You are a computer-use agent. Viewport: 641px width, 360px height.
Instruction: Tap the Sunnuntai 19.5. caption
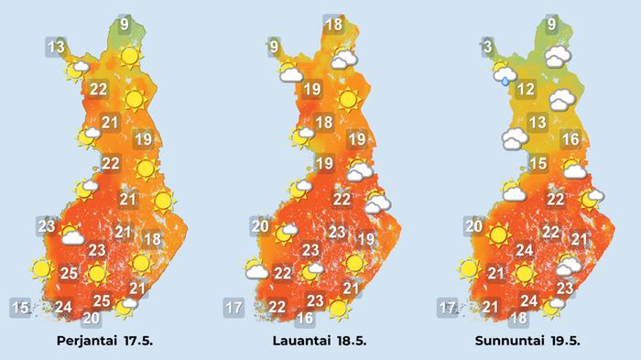(x=527, y=340)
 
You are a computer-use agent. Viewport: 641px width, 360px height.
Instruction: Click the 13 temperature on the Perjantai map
(x=57, y=47)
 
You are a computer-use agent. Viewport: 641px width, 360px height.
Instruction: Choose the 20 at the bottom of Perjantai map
(x=91, y=318)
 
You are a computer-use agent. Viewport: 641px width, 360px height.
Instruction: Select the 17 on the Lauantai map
(x=233, y=307)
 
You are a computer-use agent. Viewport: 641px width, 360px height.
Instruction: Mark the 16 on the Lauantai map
(x=305, y=318)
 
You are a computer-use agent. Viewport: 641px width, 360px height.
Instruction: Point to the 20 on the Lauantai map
(x=261, y=226)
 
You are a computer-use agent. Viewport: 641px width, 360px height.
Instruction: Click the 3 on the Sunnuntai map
(x=489, y=47)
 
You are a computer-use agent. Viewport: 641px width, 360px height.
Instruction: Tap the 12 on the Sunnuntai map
(x=525, y=90)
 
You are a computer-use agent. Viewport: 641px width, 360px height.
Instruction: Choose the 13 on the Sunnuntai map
(x=538, y=123)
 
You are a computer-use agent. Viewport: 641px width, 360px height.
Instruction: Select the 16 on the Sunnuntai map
(x=570, y=140)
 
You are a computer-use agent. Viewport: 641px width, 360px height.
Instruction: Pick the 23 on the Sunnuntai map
(x=564, y=289)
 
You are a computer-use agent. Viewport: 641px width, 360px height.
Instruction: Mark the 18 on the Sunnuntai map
(x=518, y=318)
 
